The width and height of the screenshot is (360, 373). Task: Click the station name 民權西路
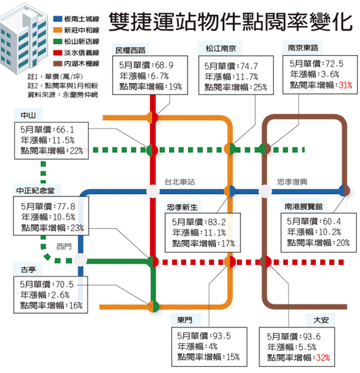[130, 50]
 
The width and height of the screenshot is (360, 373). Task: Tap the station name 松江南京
[221, 48]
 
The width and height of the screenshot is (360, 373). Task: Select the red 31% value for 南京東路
[346, 85]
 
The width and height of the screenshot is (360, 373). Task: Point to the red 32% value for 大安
[323, 357]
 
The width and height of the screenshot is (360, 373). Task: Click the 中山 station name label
[29, 115]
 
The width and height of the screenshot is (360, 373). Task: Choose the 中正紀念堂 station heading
[35, 190]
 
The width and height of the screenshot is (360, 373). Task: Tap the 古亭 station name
[28, 270]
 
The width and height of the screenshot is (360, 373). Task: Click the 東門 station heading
[185, 320]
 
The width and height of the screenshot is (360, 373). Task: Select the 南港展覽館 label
[304, 206]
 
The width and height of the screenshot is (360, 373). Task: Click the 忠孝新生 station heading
[182, 207]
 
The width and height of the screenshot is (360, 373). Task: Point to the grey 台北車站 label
[179, 181]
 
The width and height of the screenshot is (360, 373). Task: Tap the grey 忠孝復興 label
[292, 181]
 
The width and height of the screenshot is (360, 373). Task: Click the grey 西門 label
[64, 246]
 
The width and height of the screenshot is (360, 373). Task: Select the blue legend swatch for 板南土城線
[58, 19]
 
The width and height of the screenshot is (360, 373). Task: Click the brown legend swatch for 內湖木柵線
[58, 63]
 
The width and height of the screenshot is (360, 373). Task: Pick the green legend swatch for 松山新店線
[58, 41]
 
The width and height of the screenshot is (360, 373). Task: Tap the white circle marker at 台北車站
[153, 191]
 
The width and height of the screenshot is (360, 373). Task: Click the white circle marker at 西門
[80, 260]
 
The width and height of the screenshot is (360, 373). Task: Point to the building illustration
[24, 39]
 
